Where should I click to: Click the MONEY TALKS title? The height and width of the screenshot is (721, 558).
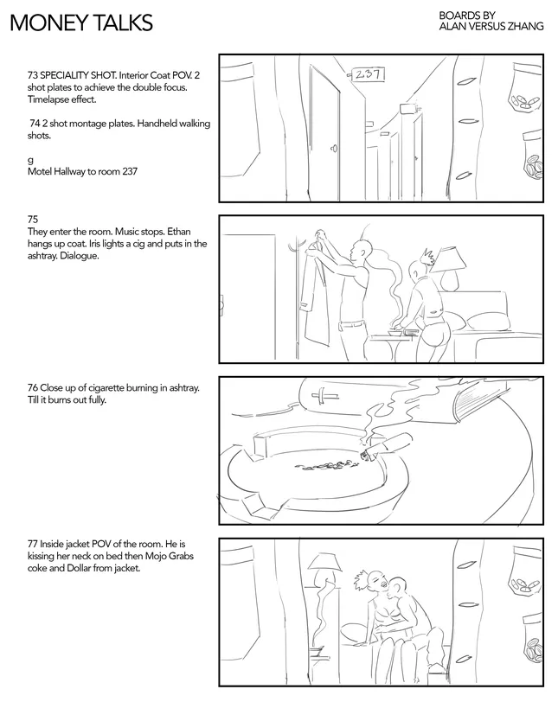click(81, 22)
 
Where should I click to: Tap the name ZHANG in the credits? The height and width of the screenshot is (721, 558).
click(525, 26)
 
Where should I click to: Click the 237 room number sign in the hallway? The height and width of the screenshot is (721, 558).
click(368, 73)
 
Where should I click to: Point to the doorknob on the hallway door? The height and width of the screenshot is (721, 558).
click(334, 148)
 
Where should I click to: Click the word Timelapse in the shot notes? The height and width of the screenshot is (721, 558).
click(48, 99)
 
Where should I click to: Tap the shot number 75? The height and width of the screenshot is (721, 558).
click(33, 220)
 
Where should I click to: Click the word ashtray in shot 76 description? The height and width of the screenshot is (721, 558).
click(183, 387)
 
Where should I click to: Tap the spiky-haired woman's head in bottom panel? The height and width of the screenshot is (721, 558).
click(374, 580)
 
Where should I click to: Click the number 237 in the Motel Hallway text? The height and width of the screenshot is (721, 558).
click(130, 171)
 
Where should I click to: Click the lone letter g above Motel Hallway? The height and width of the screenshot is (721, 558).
click(30, 161)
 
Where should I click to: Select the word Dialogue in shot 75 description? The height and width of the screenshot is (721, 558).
click(79, 256)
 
